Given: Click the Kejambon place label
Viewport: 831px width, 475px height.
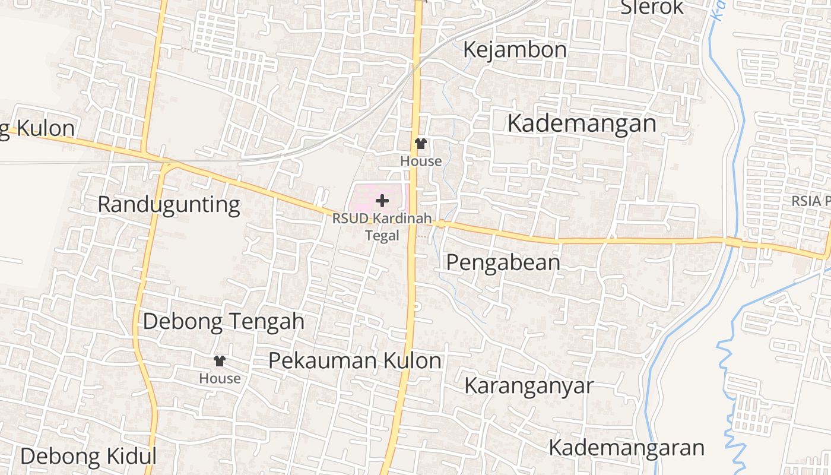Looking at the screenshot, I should [x=515, y=50].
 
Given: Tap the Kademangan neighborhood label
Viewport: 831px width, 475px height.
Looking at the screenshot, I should [x=582, y=124].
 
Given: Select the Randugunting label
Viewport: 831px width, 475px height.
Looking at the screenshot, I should [x=169, y=205].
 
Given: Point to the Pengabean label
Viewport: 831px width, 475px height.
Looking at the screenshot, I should [x=503, y=262].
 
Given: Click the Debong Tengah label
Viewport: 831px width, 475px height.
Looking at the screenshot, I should [x=223, y=322].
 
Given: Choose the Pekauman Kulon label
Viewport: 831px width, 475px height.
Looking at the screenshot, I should [x=354, y=361].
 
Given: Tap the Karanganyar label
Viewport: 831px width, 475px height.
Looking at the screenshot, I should [x=528, y=386].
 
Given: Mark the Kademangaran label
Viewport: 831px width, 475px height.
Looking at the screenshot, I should [x=626, y=448].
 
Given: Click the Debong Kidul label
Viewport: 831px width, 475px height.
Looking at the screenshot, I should [x=88, y=457].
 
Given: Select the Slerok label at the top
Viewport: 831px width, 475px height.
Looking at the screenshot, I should [x=652, y=8].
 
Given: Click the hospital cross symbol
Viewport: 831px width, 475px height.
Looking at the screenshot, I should [x=382, y=201].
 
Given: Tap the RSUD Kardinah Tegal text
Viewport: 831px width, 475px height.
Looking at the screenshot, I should [x=382, y=218].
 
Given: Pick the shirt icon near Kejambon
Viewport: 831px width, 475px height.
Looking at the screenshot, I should [x=421, y=144].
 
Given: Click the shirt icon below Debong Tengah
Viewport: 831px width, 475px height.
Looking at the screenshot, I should [x=220, y=360].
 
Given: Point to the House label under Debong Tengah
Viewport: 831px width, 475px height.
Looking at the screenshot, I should [x=220, y=379].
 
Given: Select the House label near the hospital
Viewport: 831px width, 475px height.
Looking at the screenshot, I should [x=421, y=161].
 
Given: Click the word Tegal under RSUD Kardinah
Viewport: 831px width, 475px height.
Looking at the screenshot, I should [x=382, y=236].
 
